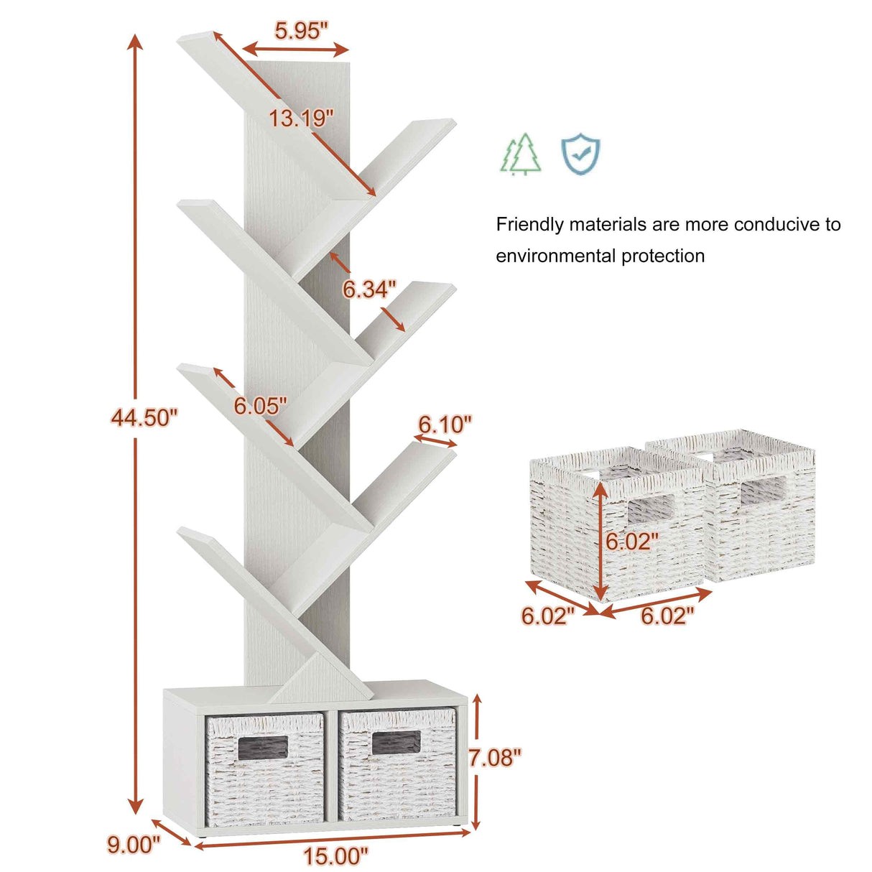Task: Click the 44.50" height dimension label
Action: point(144,417)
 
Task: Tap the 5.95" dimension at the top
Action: point(301,30)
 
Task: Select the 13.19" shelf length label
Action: point(301,118)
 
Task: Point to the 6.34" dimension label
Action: point(369,289)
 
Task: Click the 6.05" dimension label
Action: point(260,406)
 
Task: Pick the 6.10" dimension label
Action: point(445,424)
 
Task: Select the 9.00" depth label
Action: point(134,844)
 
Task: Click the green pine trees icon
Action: point(521,154)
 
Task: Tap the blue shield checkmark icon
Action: point(580,154)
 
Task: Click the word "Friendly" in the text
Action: point(530,225)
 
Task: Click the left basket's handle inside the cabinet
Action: point(263,748)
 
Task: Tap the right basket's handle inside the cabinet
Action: point(396,743)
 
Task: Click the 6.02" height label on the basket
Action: point(631,542)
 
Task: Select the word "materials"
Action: point(608,225)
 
